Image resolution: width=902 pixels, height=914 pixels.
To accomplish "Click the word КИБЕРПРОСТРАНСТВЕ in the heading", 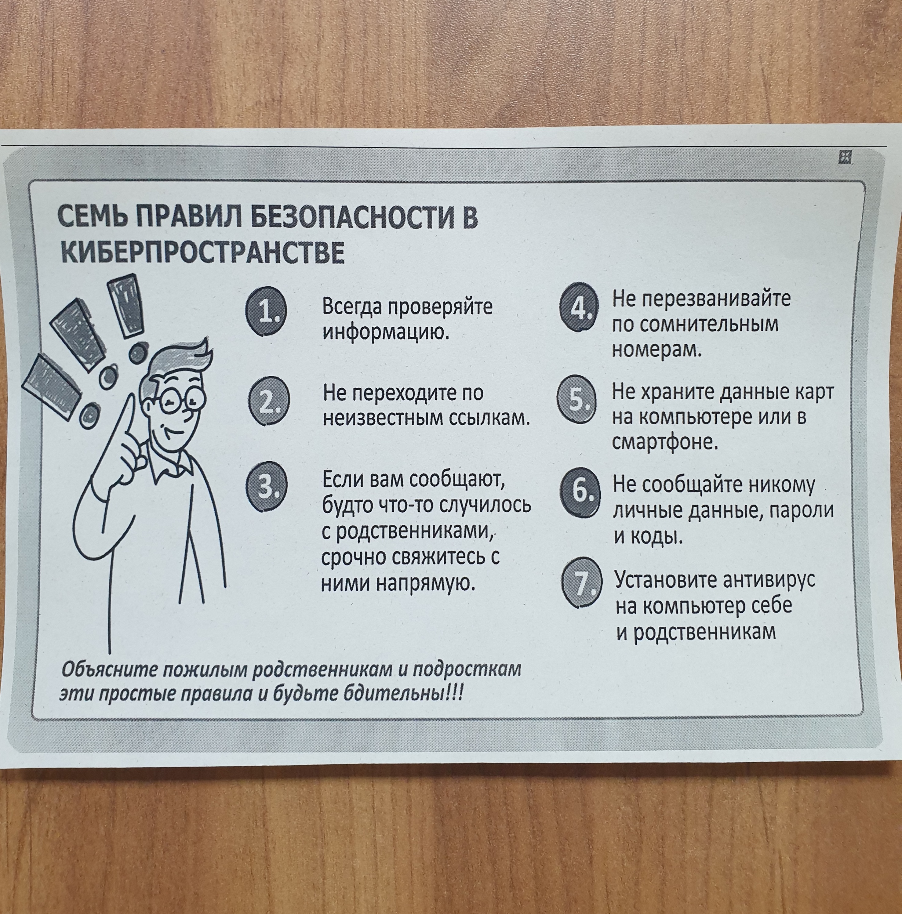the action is coord(202,253).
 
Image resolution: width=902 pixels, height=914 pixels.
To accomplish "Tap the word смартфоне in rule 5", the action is coord(665,442).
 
